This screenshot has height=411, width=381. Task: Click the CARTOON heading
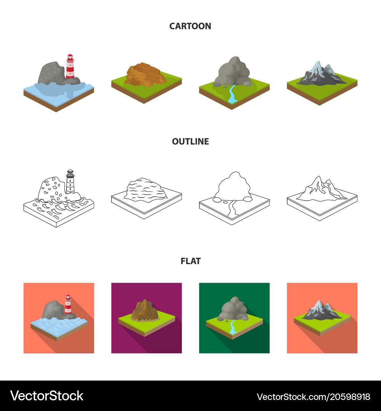tap(190, 26)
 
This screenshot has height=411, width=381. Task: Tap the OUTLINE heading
tap(190, 142)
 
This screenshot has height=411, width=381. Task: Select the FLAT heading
tap(190, 261)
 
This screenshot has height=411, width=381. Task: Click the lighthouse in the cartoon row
tap(70, 67)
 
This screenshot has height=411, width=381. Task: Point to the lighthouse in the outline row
tap(70, 182)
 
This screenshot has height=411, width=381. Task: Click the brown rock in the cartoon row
tap(145, 75)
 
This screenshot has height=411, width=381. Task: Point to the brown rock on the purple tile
tap(145, 310)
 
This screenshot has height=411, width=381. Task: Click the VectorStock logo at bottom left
tap(46, 396)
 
